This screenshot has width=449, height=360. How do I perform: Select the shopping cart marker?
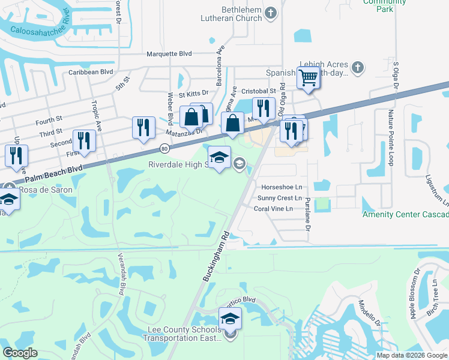pyautogui.click(x=308, y=78)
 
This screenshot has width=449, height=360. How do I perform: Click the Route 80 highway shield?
pyautogui.click(x=164, y=148)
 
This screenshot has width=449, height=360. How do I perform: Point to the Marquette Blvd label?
pyautogui.click(x=169, y=53)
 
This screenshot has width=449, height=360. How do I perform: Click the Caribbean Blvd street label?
pyautogui.click(x=91, y=71)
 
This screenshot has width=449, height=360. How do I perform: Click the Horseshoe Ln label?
pyautogui.click(x=277, y=186)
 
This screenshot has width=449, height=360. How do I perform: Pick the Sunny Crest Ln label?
pyautogui.click(x=279, y=197)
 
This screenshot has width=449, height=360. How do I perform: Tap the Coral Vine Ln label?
pyautogui.click(x=273, y=209)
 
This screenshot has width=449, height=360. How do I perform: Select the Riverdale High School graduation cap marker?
pyautogui.click(x=219, y=158)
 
